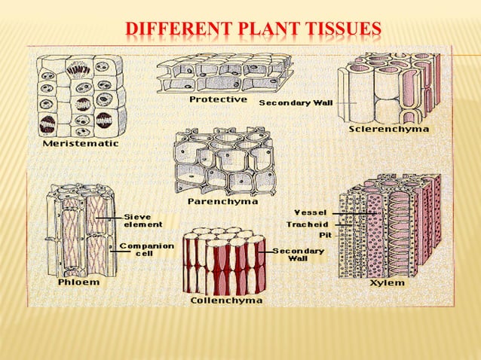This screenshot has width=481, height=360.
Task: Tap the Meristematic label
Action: coord(75,143)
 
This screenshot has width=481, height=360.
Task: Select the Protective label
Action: coord(218,99)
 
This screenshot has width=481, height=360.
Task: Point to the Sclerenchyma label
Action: coord(389,130)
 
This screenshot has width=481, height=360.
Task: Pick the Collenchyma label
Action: coord(227,301)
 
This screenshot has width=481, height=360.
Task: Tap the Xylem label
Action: coord(388,283)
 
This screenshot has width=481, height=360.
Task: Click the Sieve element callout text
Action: coord(143,220)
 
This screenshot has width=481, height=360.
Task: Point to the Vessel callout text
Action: coord(311,212)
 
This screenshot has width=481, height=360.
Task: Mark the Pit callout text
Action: coord(325,235)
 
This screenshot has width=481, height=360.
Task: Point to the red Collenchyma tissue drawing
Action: coord(224,261)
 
